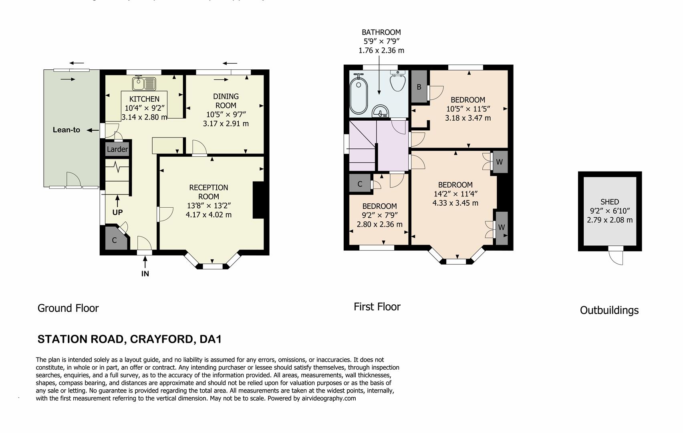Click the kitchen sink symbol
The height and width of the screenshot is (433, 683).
[x=144, y=83]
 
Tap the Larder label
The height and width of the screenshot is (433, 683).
[x=117, y=149]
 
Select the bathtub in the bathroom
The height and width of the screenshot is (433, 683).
[x=359, y=96]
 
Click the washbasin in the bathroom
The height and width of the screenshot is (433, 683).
[x=381, y=111]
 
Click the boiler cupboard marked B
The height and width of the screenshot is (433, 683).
[x=419, y=87]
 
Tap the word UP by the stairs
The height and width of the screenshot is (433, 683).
[x=117, y=212]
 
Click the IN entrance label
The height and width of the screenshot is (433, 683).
[x=145, y=274]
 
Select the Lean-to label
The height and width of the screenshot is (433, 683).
[x=66, y=130]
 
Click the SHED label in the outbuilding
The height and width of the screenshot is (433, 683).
[x=610, y=202]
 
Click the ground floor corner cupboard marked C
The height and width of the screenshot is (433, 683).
[x=114, y=240]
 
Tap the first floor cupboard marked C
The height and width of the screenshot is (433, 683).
[x=360, y=184]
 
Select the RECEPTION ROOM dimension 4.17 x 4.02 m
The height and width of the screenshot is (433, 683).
[x=208, y=214]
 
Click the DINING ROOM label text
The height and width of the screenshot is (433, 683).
[x=226, y=101]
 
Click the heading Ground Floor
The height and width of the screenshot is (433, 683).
[x=68, y=308]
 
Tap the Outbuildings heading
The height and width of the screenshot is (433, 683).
[x=609, y=310]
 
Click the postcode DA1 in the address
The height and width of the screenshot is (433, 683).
[x=210, y=339]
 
